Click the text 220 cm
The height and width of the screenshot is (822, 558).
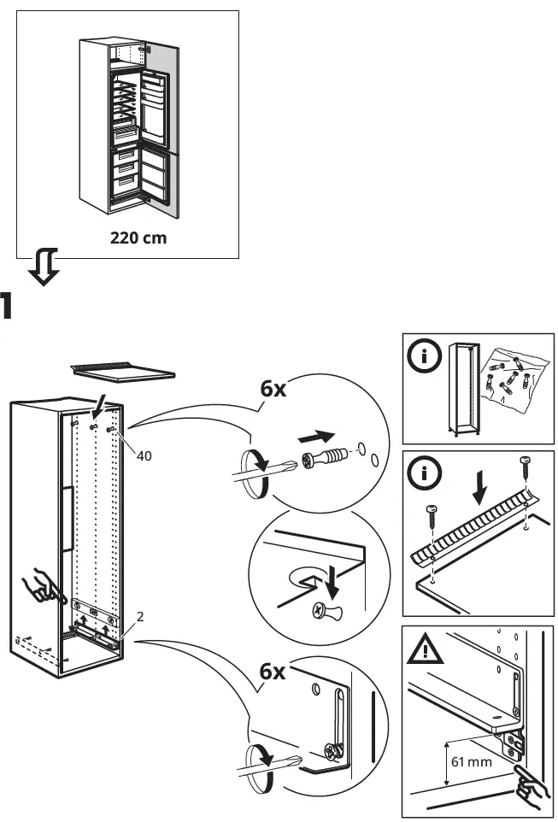138,238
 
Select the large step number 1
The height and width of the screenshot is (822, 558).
6,307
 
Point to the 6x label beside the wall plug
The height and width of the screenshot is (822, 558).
274,389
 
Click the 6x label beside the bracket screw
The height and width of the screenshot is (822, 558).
273,672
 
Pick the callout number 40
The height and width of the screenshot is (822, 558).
144,456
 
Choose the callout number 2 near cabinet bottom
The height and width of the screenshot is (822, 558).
138,615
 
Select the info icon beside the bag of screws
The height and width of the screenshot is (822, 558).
425,357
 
